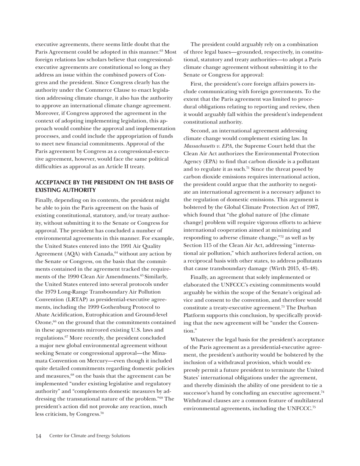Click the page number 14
point(38,436)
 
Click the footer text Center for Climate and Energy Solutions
point(89,436)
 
